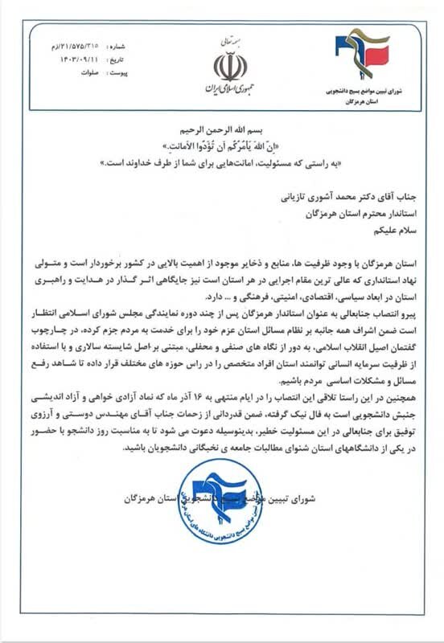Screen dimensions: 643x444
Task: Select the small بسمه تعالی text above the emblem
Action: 224,39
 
